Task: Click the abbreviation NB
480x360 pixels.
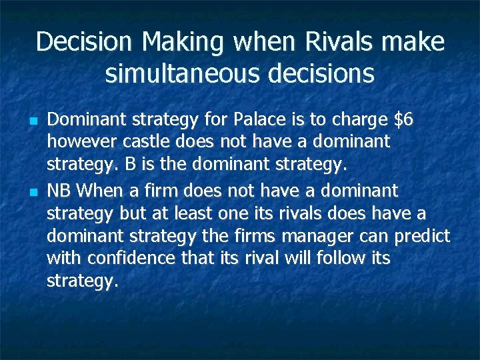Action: point(60,191)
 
